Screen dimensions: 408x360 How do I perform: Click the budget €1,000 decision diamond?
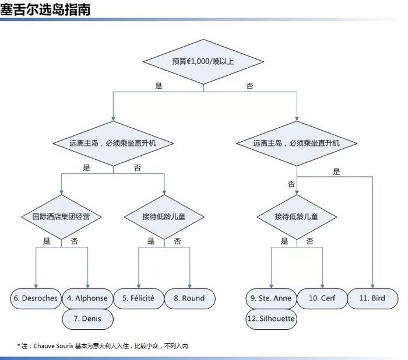pyautogui.click(x=203, y=62)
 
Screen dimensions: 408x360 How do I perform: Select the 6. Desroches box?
pyautogui.click(x=36, y=299)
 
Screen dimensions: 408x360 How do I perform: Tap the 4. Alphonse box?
pyautogui.click(x=87, y=299)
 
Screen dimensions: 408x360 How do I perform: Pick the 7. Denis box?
pyautogui.click(x=87, y=319)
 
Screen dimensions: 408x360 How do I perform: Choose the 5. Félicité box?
pyautogui.click(x=139, y=299)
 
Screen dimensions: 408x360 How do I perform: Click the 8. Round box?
pyautogui.click(x=189, y=299)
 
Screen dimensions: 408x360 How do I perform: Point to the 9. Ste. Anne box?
pyautogui.click(x=271, y=299)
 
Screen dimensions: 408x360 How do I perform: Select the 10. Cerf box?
pyautogui.click(x=322, y=299)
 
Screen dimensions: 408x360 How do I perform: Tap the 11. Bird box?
pyautogui.click(x=372, y=299)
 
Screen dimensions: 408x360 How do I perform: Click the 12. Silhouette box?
pyautogui.click(x=271, y=319)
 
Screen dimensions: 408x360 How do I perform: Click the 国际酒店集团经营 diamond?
pyautogui.click(x=61, y=216)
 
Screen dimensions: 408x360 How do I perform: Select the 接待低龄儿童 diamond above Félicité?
pyautogui.click(x=164, y=216)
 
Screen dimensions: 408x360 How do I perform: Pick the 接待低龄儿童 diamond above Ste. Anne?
pyautogui.click(x=297, y=216)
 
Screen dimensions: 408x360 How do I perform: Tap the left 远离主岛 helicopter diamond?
pyautogui.click(x=113, y=144)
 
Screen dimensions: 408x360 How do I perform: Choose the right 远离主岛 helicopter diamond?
pyautogui.click(x=297, y=144)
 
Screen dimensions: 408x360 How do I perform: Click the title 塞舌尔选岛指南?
pyautogui.click(x=45, y=10)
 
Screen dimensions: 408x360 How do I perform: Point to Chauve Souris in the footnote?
pyautogui.click(x=54, y=346)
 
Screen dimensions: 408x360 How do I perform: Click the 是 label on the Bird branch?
pyautogui.click(x=336, y=172)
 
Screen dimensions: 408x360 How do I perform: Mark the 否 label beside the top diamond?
pyautogui.click(x=250, y=86)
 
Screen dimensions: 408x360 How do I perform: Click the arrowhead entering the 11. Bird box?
pyautogui.click(x=372, y=286)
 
